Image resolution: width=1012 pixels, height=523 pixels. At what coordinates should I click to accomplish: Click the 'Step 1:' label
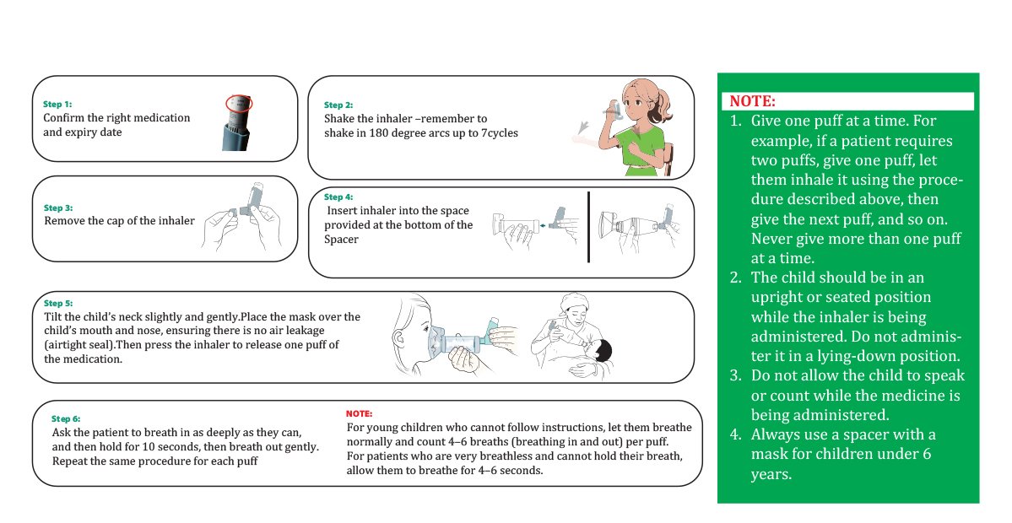tap(57, 105)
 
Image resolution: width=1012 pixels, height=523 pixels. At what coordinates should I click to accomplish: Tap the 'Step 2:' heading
tap(338, 105)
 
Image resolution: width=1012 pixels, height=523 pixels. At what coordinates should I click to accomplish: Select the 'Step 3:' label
tap(58, 208)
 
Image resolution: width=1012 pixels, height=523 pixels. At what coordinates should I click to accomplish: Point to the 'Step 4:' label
tap(338, 197)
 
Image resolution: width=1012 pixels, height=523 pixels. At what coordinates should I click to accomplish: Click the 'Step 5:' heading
tap(58, 303)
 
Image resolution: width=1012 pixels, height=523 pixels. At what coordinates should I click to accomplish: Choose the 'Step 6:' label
tap(66, 419)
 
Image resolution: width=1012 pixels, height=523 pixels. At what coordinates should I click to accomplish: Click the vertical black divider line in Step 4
tap(588, 227)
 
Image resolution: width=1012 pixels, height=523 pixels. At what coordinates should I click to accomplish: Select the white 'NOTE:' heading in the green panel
tap(753, 101)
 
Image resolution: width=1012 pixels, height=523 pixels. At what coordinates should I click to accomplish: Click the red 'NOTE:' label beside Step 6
tap(359, 413)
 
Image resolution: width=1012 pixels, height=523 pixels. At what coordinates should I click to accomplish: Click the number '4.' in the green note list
tap(736, 434)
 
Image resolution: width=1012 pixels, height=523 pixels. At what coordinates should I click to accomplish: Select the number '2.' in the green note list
tap(736, 278)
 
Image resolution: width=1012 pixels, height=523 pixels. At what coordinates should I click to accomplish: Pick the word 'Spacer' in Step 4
tap(341, 240)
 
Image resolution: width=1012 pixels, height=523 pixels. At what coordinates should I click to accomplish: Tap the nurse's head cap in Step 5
tap(573, 301)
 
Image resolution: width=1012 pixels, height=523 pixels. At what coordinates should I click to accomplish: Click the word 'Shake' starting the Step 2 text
tap(338, 119)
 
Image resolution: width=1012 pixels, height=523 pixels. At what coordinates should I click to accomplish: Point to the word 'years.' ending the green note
tap(771, 475)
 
